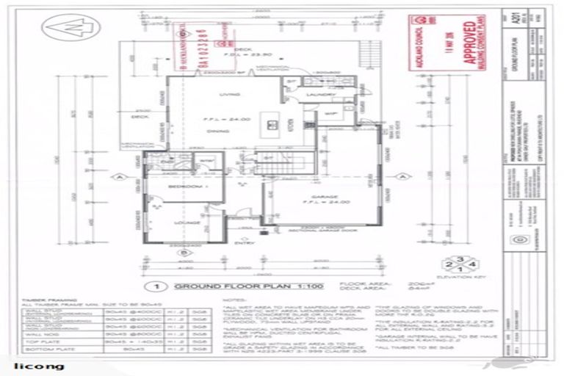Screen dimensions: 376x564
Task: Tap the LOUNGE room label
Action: tap(181, 220)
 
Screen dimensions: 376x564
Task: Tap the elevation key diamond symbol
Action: tap(441, 261)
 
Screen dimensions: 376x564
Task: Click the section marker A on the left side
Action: tap(117, 176)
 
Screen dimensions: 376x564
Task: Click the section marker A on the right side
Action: tap(402, 176)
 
